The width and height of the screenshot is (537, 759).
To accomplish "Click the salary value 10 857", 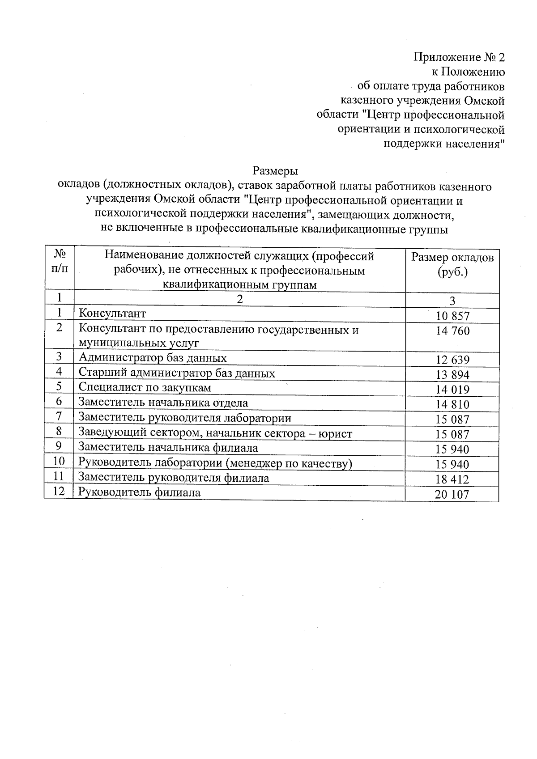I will (452, 316).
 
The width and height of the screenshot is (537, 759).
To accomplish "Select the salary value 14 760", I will (452, 331).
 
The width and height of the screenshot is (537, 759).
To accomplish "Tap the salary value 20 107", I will (452, 495).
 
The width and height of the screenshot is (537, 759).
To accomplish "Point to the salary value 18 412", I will (452, 479).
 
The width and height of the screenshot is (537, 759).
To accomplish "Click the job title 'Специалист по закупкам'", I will (145, 387).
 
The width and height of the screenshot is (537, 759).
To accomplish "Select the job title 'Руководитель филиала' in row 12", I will (139, 492).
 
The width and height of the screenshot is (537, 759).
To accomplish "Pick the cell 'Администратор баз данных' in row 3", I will (153, 358).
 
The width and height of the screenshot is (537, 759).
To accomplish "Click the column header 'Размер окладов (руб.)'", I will (452, 265).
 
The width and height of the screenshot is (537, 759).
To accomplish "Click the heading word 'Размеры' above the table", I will (275, 171).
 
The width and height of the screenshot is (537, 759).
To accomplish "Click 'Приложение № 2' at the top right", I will (459, 58).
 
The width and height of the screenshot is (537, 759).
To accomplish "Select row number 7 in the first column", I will (59, 416).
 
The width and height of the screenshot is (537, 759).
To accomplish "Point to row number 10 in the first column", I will (59, 461).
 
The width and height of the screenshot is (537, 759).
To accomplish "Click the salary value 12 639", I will (452, 360).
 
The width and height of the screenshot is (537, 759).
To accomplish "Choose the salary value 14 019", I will (452, 390).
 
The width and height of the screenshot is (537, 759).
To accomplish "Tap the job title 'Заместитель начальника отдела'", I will (163, 403).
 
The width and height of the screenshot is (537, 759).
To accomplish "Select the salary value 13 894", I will (452, 375).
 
